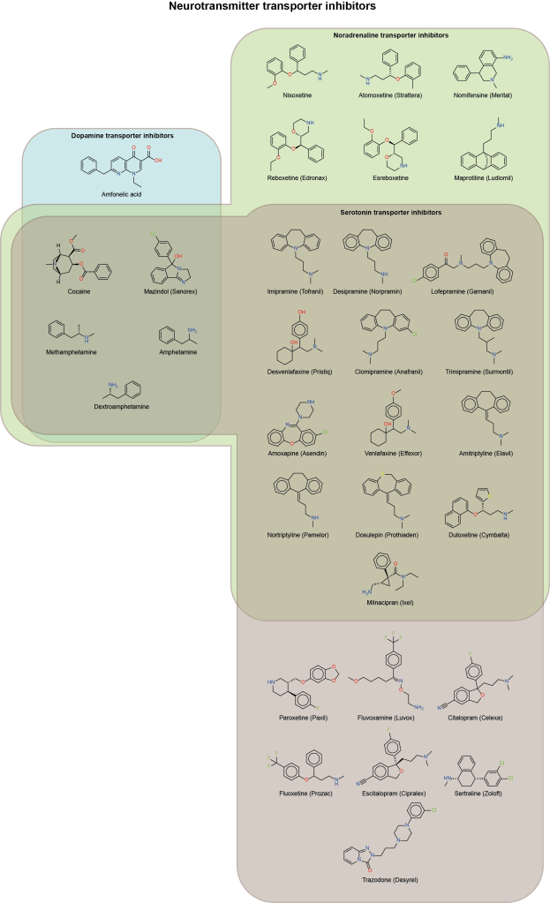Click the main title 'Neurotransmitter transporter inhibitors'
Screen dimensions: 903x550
point(274,6)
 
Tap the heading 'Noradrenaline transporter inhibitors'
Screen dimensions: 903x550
point(390,35)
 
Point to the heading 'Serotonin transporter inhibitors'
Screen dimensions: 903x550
point(390,213)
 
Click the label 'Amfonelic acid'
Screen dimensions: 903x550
point(123,192)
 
